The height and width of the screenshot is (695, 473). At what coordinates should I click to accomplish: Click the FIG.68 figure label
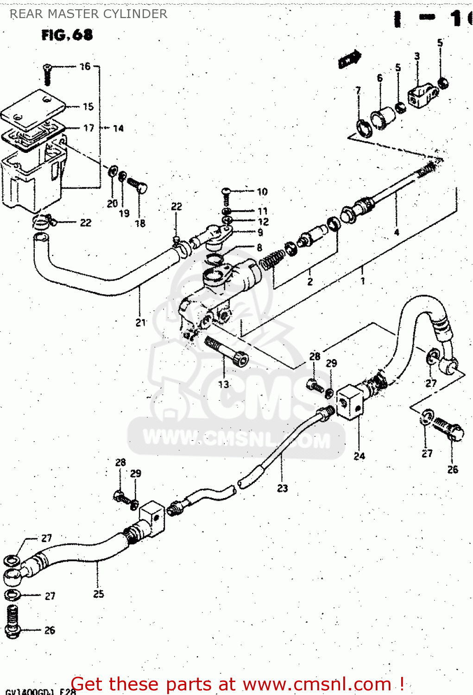[x=67, y=35]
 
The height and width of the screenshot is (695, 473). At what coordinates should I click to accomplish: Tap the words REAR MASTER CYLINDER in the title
[x=88, y=14]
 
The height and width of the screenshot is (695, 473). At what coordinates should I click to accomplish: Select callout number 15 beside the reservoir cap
[x=88, y=107]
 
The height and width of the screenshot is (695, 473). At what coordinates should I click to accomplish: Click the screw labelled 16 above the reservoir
[x=47, y=74]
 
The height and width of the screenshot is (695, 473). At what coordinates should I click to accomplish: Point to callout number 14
[x=119, y=128]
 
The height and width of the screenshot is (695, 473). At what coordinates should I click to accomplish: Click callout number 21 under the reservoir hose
[x=141, y=322]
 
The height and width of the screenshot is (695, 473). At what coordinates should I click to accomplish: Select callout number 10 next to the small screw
[x=262, y=191]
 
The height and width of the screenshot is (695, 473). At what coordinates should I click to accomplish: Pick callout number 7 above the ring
[x=358, y=90]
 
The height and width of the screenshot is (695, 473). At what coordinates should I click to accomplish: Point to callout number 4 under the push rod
[x=397, y=232]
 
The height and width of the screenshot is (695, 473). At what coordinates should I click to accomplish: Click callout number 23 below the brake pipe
[x=283, y=488]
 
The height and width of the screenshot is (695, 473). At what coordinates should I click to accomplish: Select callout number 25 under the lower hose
[x=99, y=594]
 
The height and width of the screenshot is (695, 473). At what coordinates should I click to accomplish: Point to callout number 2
[x=310, y=281]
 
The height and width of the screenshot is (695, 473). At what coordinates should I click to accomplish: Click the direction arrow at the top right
[x=349, y=59]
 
